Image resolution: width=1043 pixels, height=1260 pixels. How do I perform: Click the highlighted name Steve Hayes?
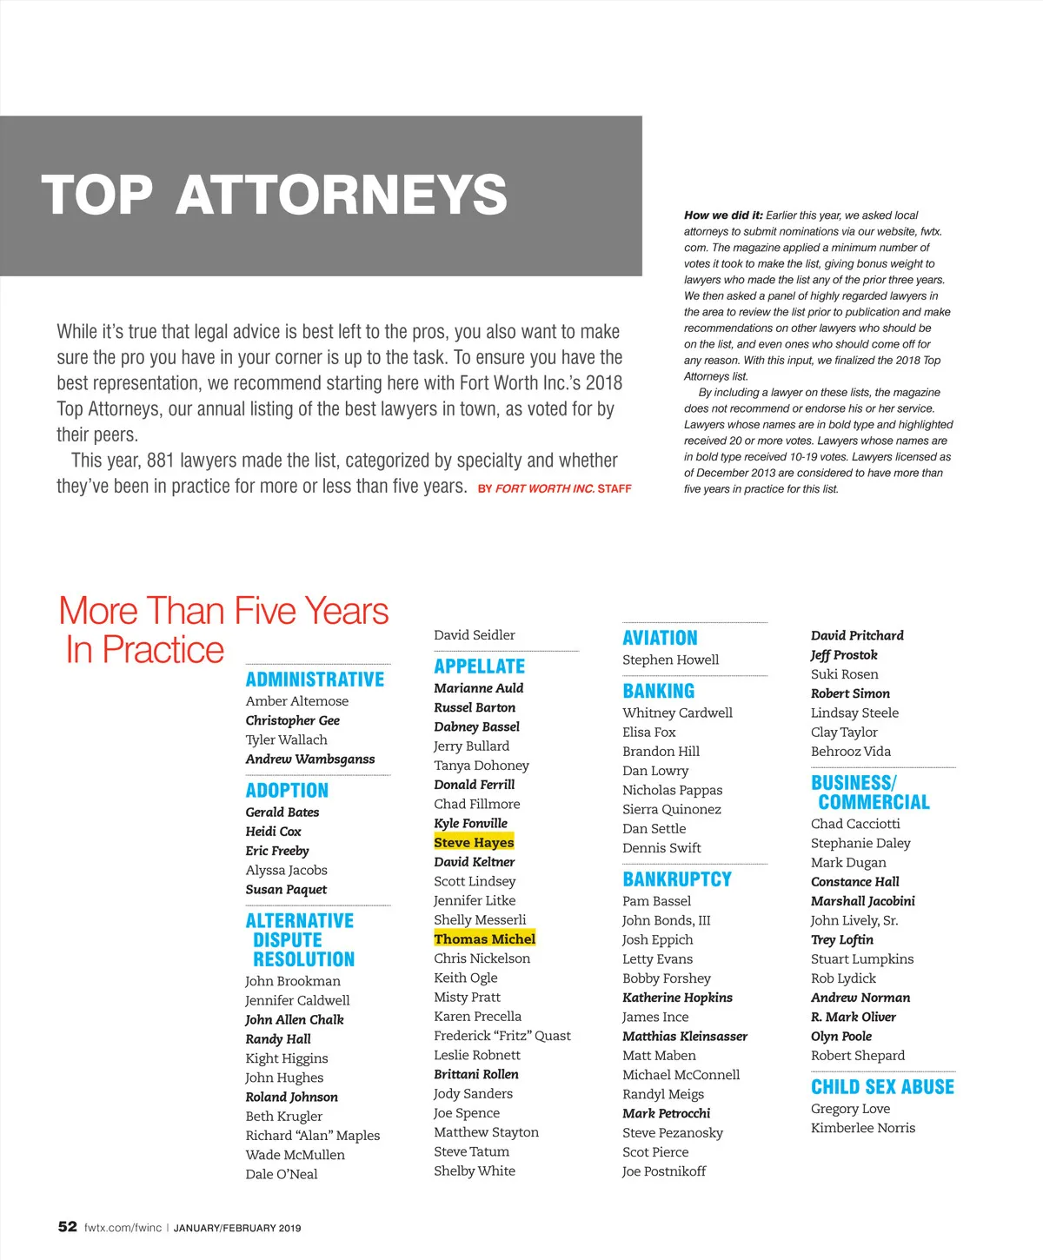pyautogui.click(x=474, y=842)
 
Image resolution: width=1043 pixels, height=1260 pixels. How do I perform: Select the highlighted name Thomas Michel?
pyautogui.click(x=484, y=938)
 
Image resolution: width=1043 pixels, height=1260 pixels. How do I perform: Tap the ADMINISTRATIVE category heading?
pyautogui.click(x=315, y=680)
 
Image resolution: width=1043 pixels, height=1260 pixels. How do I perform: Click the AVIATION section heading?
pyautogui.click(x=660, y=638)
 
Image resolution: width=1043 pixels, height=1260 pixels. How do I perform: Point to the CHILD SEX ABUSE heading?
pyautogui.click(x=882, y=1087)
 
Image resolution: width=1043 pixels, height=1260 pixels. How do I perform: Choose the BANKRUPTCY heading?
pyautogui.click(x=677, y=879)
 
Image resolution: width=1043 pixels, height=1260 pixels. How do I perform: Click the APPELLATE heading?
pyautogui.click(x=480, y=666)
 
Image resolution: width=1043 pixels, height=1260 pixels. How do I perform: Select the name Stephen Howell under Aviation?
pyautogui.click(x=670, y=660)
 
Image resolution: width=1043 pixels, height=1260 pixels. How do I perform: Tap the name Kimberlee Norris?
pyautogui.click(x=862, y=1128)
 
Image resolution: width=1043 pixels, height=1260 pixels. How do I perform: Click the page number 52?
pyautogui.click(x=67, y=1227)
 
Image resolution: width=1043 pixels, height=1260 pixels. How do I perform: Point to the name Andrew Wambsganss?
pyautogui.click(x=310, y=759)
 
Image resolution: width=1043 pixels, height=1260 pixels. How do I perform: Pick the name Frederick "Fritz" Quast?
pyautogui.click(x=502, y=1036)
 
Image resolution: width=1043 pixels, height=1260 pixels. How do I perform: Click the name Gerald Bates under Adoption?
pyautogui.click(x=282, y=812)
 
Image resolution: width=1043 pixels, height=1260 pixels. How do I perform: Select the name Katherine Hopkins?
pyautogui.click(x=677, y=998)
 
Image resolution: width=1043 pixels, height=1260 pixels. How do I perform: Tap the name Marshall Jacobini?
pyautogui.click(x=862, y=901)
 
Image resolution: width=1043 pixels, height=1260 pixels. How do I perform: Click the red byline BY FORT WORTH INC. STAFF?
pyautogui.click(x=555, y=489)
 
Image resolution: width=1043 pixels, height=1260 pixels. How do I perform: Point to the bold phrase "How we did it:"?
pyautogui.click(x=723, y=216)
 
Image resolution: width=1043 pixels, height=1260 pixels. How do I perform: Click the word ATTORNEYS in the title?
pyautogui.click(x=342, y=195)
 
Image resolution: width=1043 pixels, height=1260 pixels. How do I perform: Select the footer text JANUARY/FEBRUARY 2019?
pyautogui.click(x=237, y=1229)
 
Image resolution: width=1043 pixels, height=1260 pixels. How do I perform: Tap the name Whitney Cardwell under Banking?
pyautogui.click(x=677, y=713)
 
